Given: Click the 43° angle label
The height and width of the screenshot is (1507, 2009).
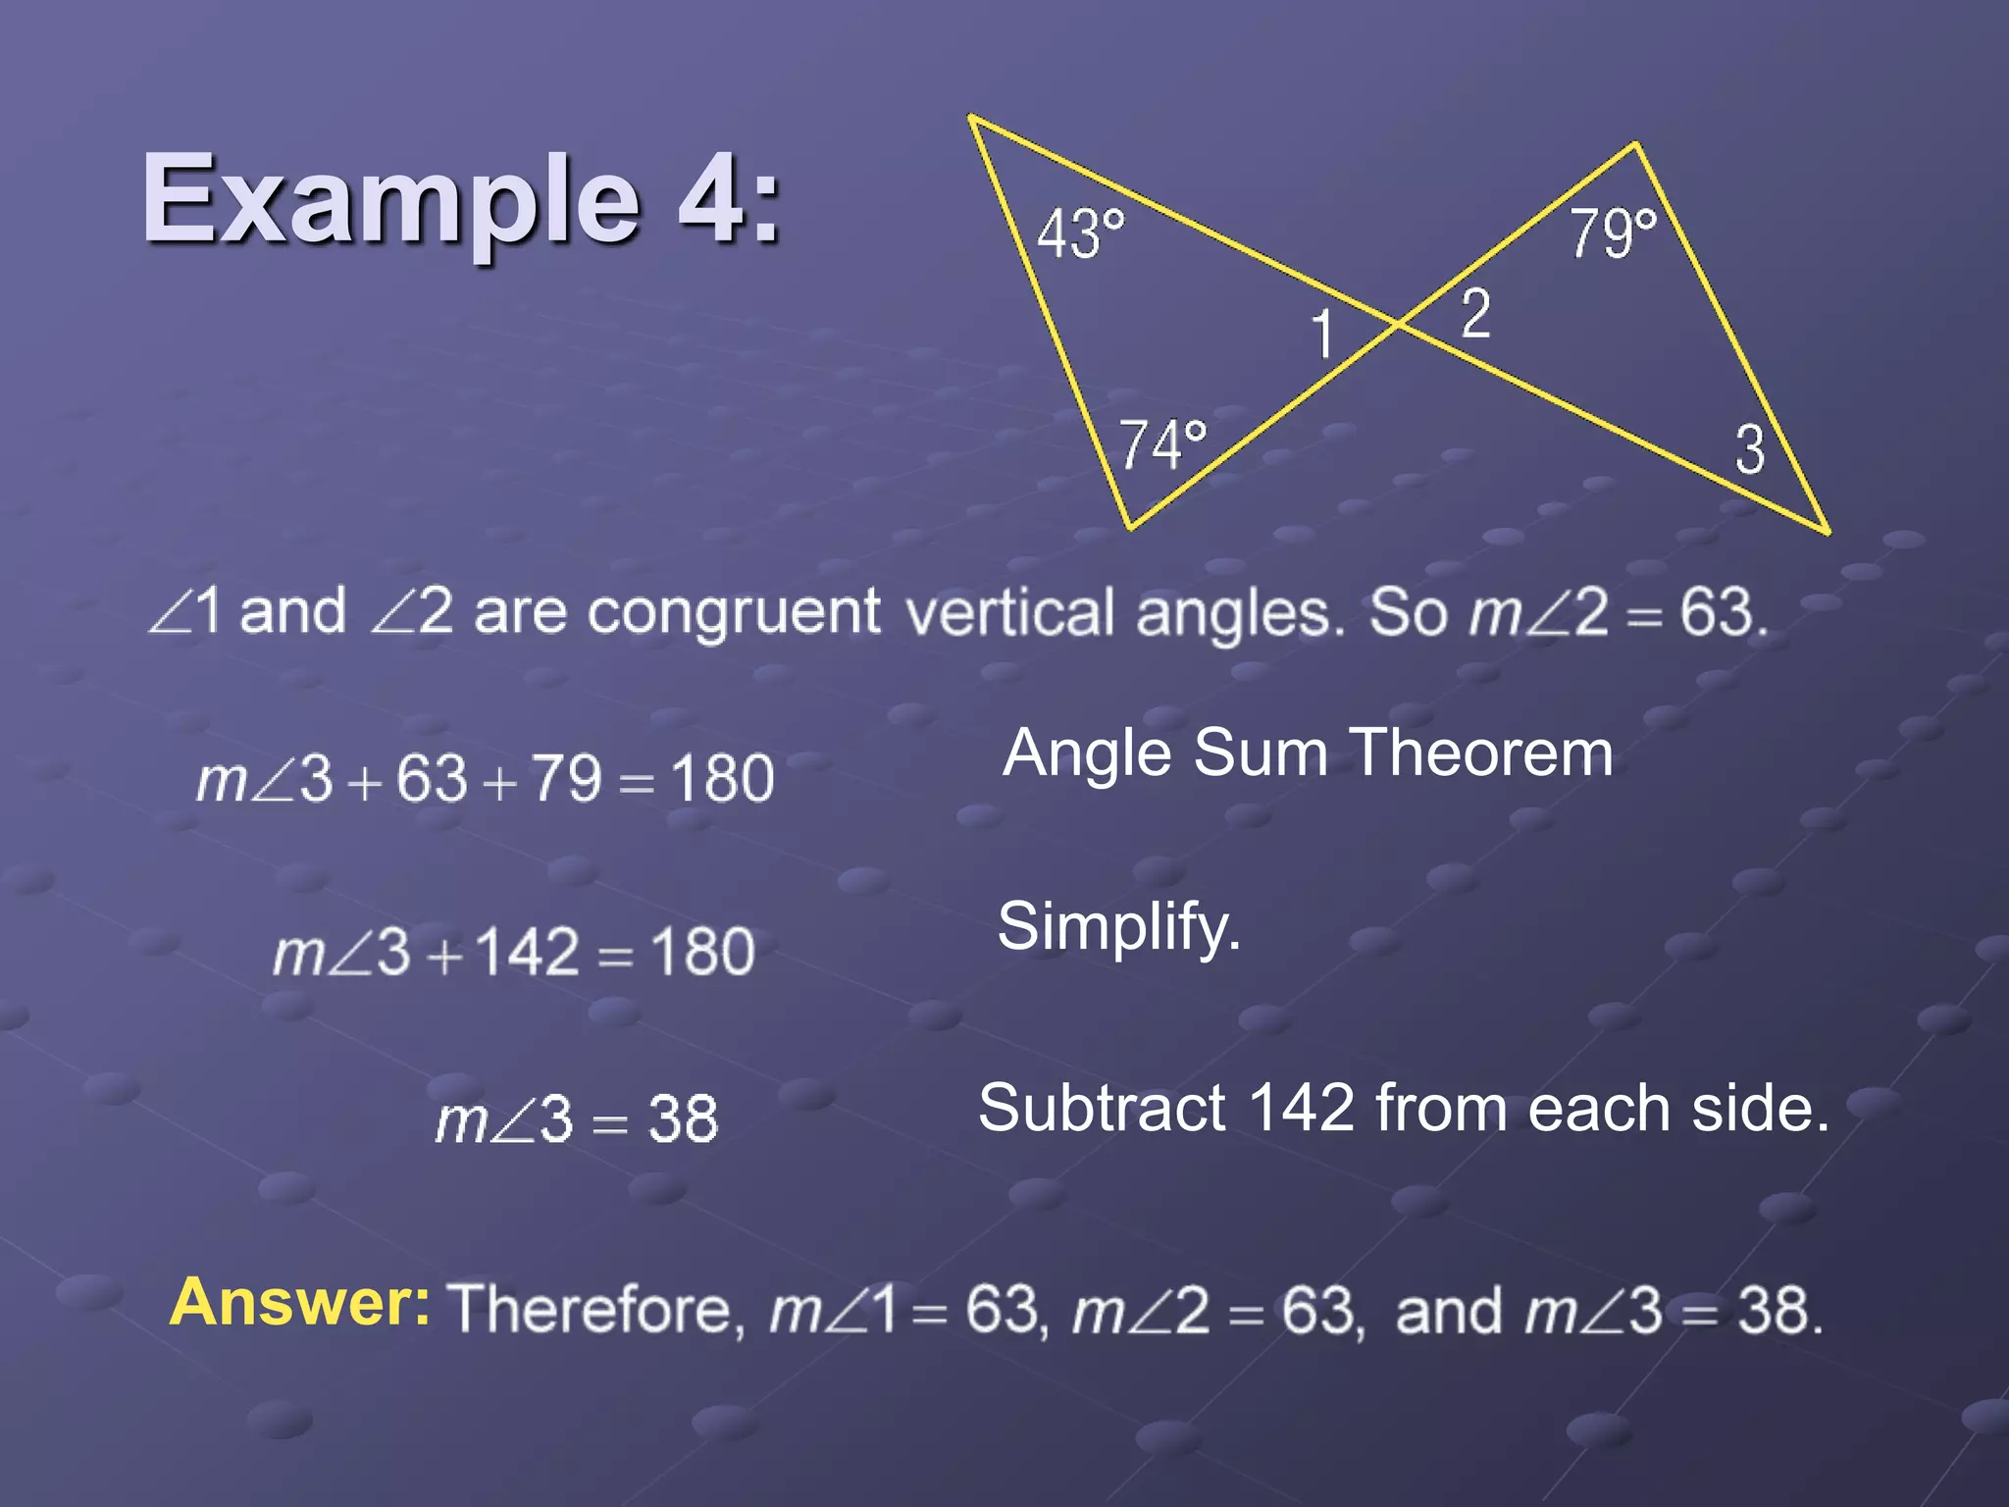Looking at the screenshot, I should (x=1080, y=234).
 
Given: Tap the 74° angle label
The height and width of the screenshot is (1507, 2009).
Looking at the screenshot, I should (x=1162, y=443).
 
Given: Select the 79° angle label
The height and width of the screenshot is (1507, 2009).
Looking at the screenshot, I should (x=1613, y=234).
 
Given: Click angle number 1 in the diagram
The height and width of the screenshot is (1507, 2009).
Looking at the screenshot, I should (x=1322, y=334).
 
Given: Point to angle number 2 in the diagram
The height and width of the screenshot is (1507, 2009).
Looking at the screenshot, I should (x=1475, y=314).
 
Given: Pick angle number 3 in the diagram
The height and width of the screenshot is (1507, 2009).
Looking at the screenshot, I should (x=1750, y=449).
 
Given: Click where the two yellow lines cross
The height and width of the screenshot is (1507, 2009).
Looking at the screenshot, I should (x=1398, y=323).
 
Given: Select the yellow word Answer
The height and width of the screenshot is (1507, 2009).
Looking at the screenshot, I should (x=299, y=1302).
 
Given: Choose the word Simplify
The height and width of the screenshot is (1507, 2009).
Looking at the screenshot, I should (x=1118, y=926).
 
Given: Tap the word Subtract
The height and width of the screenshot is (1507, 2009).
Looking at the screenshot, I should (x=1101, y=1108).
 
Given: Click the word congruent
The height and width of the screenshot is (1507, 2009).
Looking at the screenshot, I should (x=734, y=612).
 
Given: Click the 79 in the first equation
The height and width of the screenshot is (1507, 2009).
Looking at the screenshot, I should (x=566, y=780).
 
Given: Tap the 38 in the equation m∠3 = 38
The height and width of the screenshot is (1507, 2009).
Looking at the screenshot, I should (x=683, y=1118).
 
